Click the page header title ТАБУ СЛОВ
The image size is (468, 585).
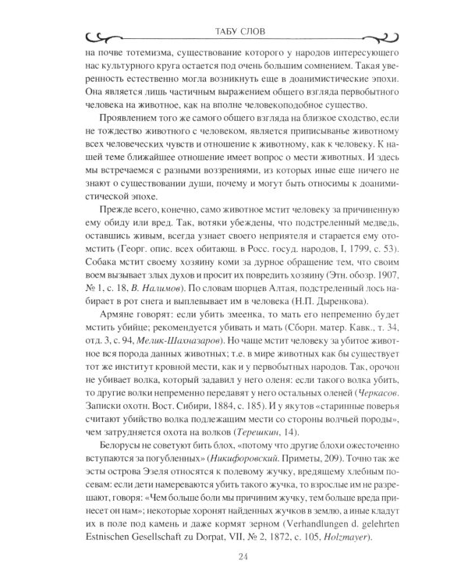pos(234,32)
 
